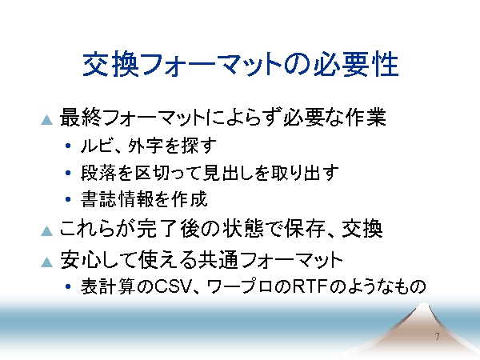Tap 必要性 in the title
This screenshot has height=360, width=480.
[x=356, y=64]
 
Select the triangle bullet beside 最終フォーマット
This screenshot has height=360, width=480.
[x=47, y=120]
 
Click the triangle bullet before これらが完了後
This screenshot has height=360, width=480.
[x=47, y=231]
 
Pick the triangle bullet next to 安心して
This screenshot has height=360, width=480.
[x=47, y=262]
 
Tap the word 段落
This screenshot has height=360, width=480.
[x=98, y=173]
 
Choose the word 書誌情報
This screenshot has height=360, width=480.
[x=117, y=199]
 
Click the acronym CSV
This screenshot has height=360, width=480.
[x=171, y=287]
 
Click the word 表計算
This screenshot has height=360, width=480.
[x=108, y=287]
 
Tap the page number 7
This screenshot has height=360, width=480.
[x=437, y=337]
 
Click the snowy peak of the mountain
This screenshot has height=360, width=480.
[x=423, y=306]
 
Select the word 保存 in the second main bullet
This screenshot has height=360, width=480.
[x=304, y=229]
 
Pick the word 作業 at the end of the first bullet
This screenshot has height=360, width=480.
[x=366, y=118]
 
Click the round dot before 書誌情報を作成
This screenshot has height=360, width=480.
[x=68, y=199]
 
